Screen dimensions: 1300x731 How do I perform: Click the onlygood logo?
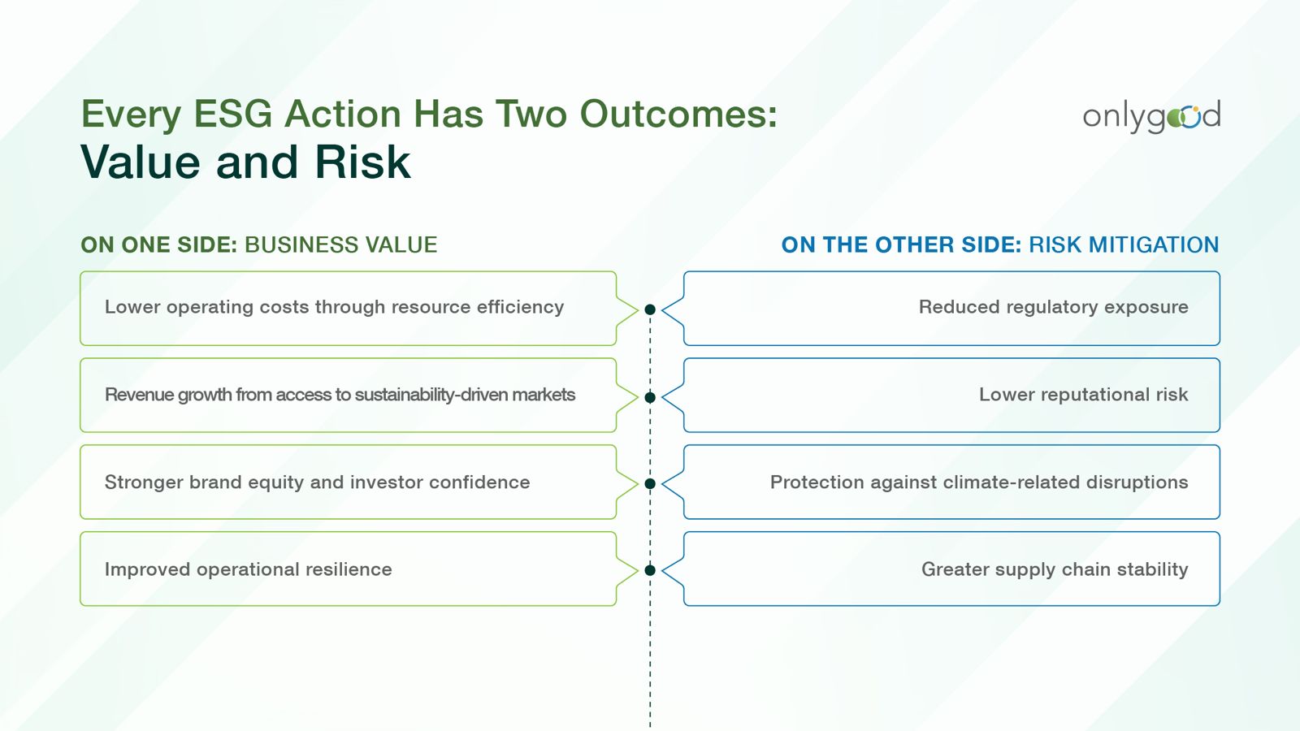[x=1151, y=116]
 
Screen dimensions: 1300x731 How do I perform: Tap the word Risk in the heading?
[x=362, y=162]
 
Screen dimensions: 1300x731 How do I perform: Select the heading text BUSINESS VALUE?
[x=340, y=244]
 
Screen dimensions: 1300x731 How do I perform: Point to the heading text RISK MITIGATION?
[x=1124, y=244]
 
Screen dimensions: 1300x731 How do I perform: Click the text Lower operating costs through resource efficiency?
[x=334, y=307]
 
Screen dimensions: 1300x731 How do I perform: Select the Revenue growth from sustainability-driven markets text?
[x=340, y=395]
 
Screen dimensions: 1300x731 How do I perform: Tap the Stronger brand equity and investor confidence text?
[x=317, y=482]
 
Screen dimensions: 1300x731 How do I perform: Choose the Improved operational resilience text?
[x=249, y=569]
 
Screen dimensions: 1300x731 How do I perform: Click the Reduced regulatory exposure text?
[x=1053, y=307]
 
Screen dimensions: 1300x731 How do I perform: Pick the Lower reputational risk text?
[x=1084, y=395]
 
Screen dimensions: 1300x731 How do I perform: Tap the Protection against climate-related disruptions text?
[x=979, y=482]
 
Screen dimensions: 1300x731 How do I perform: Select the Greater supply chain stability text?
[x=1055, y=569]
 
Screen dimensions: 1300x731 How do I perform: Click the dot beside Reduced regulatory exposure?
[x=650, y=309]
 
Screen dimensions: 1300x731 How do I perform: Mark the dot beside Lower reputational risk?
[x=650, y=397]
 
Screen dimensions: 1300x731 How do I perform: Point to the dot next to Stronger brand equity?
[x=650, y=484]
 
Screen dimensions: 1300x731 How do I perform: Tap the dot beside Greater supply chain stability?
[x=650, y=570]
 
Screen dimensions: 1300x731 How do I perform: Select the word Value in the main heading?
[x=141, y=162]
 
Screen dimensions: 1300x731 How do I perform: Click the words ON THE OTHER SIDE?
[x=901, y=244]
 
